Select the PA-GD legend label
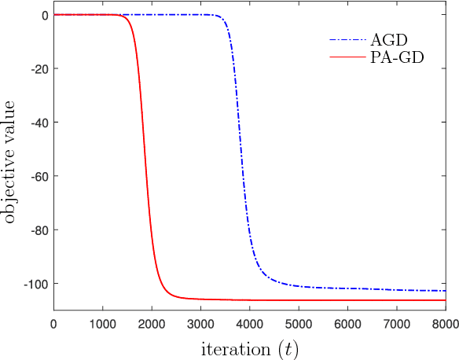[397, 57]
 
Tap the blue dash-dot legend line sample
[346, 40]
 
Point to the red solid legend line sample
[346, 57]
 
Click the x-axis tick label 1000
[102, 323]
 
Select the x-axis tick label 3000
[200, 323]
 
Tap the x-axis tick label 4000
[249, 323]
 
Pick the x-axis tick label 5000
[299, 323]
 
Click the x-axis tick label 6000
[347, 323]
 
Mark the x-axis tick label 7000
[396, 323]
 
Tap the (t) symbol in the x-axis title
[285, 347]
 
